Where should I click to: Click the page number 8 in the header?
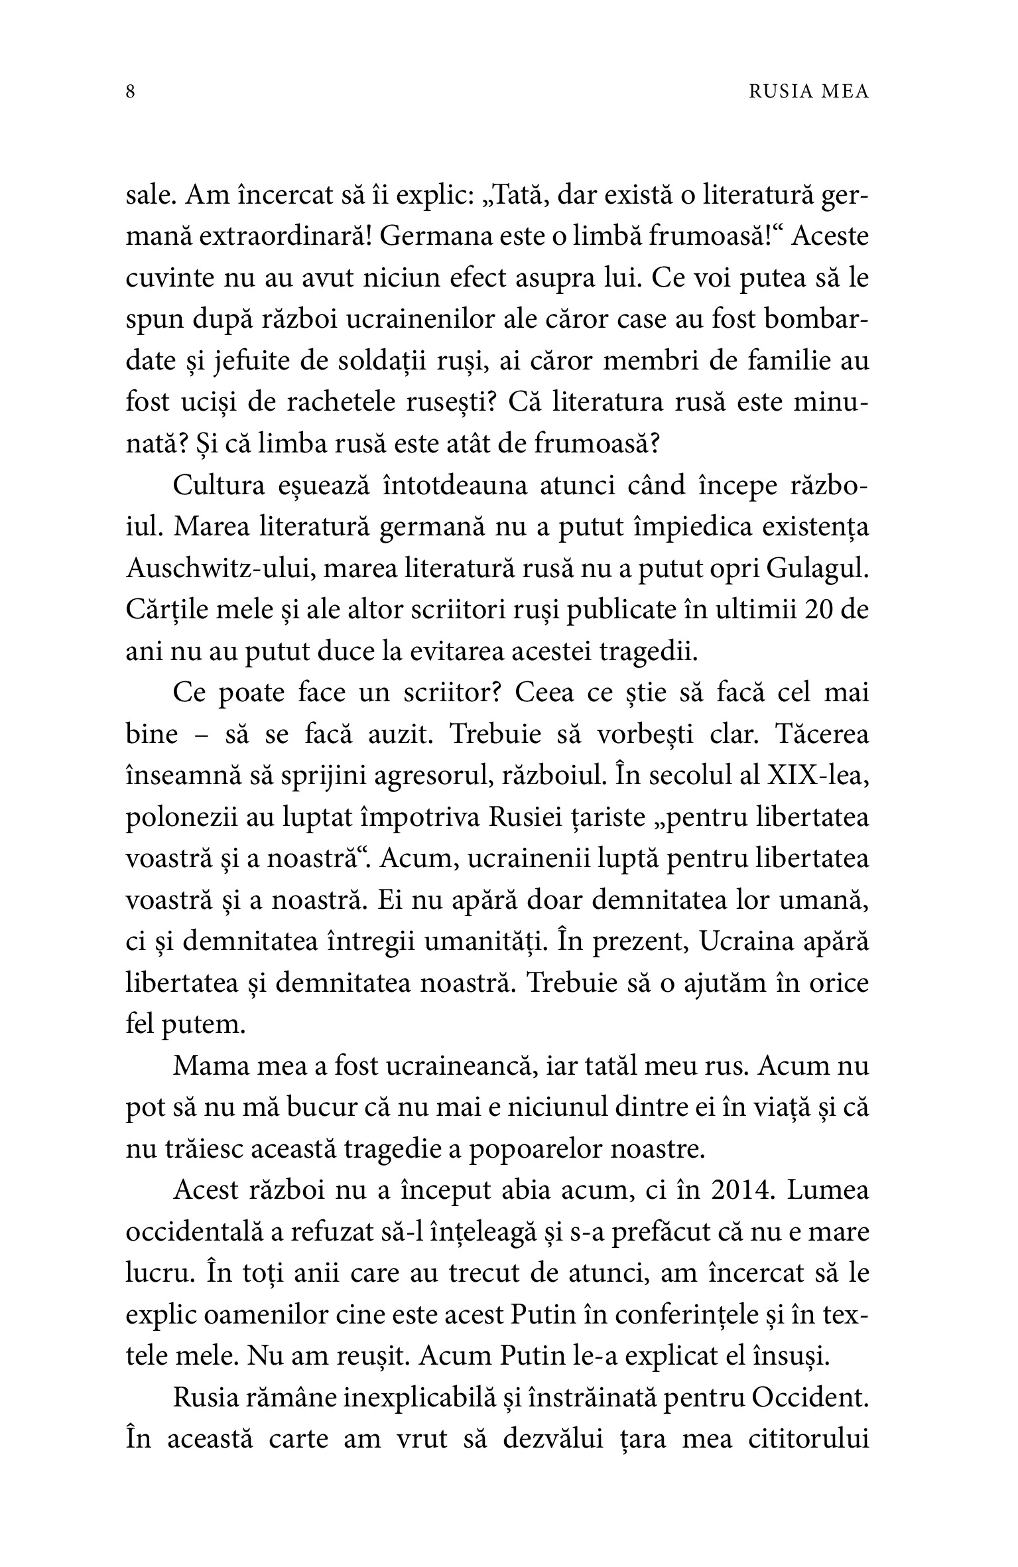click(131, 92)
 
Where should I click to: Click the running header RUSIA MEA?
click(808, 92)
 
